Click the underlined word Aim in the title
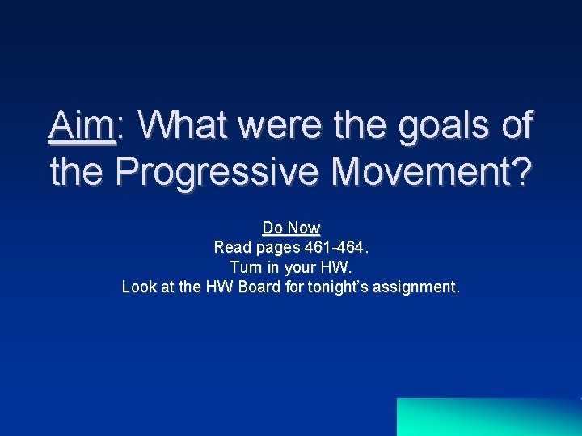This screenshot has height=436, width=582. coord(82,126)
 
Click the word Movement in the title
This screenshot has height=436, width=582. coord(420,171)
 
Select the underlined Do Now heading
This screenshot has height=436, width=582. coord(291,228)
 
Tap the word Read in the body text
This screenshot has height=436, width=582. coord(230,247)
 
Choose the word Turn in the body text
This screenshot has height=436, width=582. coord(245,266)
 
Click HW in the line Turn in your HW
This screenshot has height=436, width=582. coord(339,266)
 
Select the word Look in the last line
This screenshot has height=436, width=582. coord(138,286)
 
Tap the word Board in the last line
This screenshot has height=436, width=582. coord(260,286)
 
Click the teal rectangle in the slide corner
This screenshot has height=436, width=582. coord(489,417)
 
